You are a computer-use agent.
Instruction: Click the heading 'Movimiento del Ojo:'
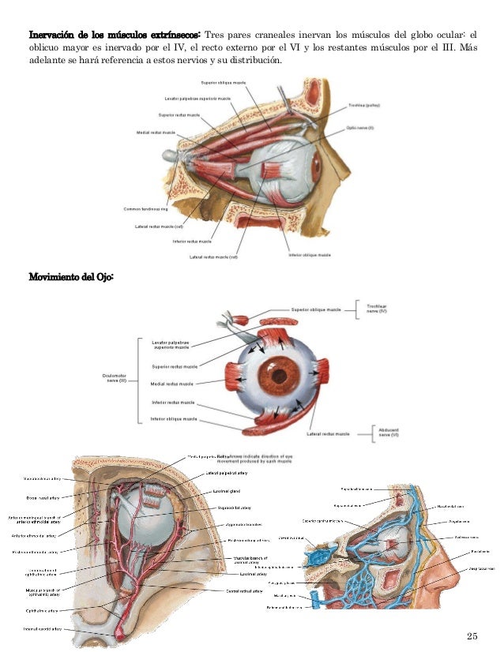click(x=72, y=277)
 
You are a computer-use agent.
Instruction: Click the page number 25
click(x=472, y=635)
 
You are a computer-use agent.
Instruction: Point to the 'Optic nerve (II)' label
click(x=360, y=127)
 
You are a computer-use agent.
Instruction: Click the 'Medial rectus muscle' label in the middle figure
click(x=172, y=384)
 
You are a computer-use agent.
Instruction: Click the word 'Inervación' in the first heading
click(x=54, y=36)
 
